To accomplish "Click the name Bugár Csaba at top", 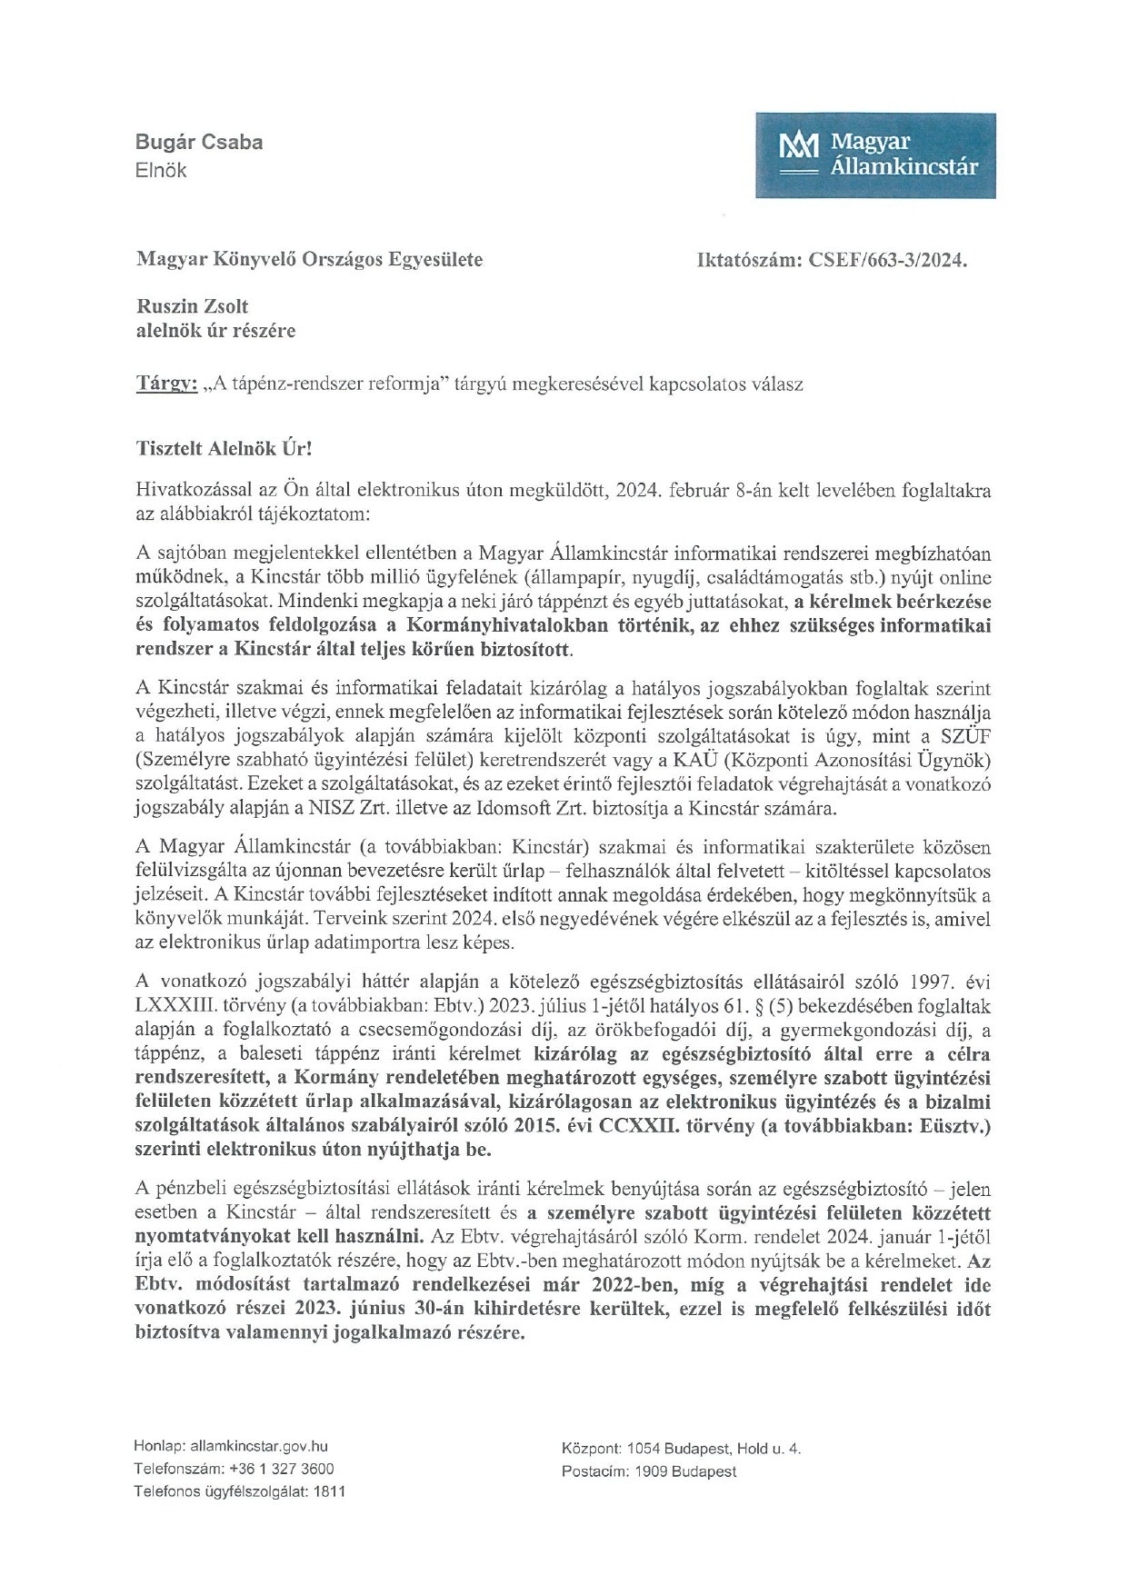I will (199, 142).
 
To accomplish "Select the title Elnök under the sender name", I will (161, 169).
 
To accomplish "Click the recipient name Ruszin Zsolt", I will (192, 307).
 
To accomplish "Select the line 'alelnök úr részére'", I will (215, 331).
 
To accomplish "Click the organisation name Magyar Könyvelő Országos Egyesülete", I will (309, 260).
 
